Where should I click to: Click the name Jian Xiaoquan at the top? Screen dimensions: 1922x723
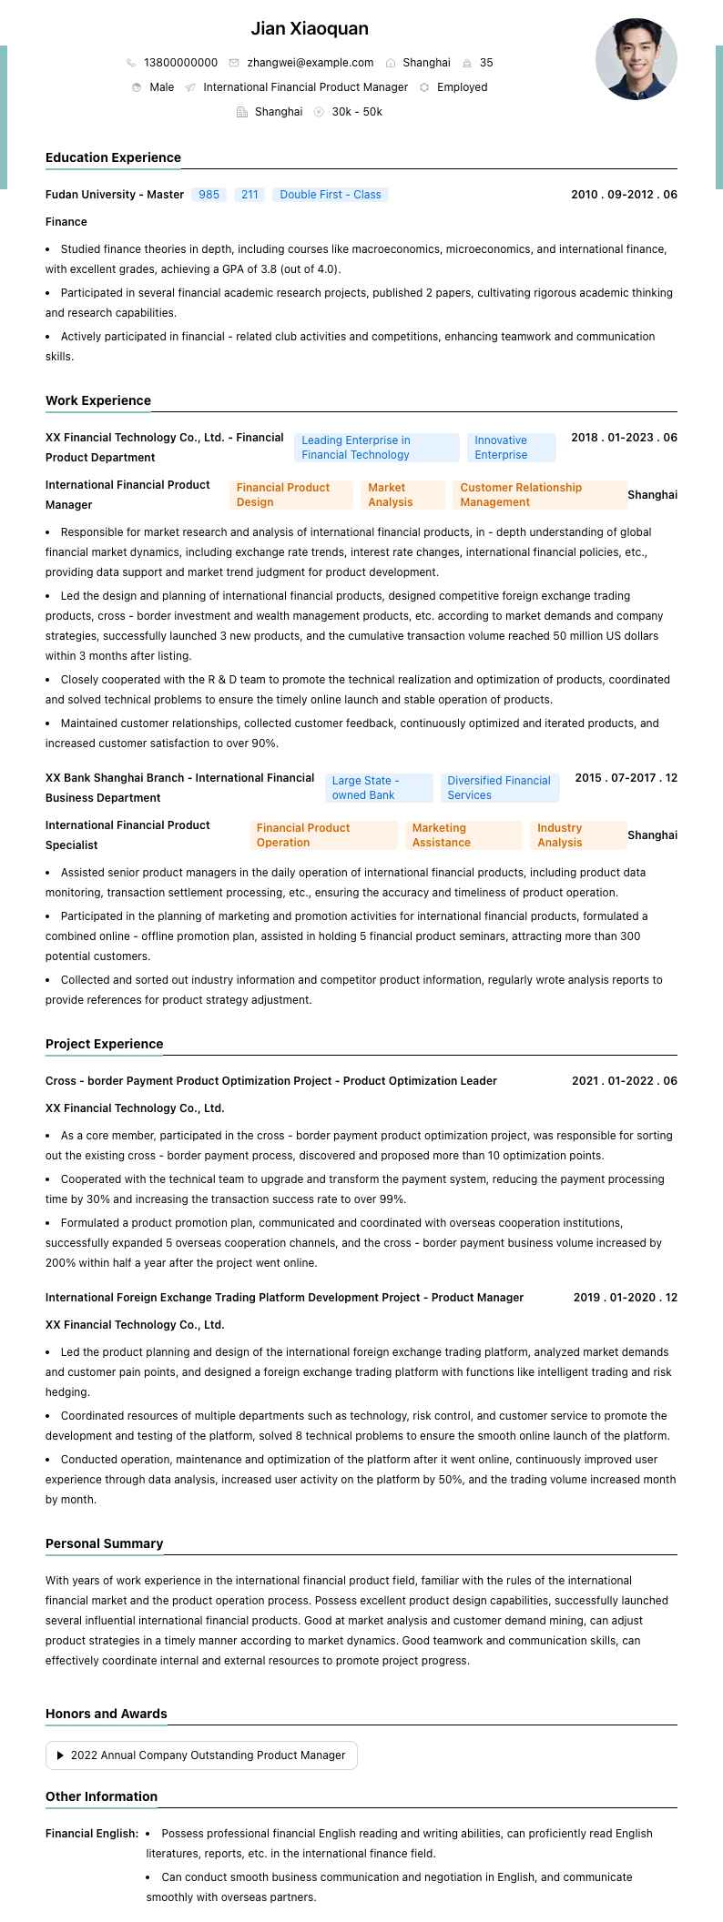(310, 29)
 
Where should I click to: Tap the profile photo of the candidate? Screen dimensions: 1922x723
(636, 59)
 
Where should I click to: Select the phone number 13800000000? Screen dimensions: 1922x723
(180, 63)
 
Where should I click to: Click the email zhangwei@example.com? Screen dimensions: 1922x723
(310, 63)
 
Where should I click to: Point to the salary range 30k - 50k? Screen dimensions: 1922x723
(357, 112)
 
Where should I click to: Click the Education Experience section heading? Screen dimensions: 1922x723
(113, 157)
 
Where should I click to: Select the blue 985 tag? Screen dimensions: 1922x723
(209, 195)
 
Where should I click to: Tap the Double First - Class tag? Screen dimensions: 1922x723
(330, 195)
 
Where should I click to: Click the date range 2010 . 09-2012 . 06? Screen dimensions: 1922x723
(624, 195)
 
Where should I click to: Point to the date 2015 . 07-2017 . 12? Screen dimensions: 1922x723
(626, 778)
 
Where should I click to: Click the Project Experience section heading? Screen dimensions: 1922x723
(104, 1044)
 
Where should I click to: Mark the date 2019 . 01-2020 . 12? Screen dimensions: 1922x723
(625, 1298)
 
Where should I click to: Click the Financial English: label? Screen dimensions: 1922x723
(92, 1834)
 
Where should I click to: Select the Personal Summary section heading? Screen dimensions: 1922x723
(104, 1543)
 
